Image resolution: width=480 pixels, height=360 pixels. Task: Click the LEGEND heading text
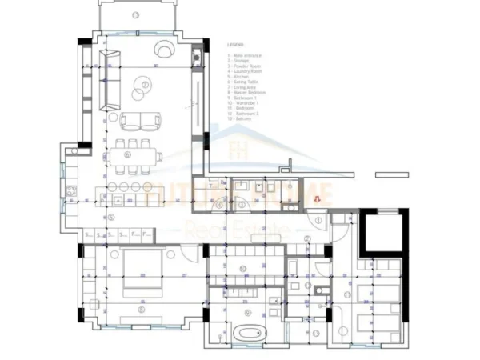[x=234, y=46]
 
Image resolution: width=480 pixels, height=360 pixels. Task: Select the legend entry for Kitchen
[x=240, y=76]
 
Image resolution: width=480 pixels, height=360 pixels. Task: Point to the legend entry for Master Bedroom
[x=247, y=93]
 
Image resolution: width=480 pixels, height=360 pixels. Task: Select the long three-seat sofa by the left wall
[x=109, y=80]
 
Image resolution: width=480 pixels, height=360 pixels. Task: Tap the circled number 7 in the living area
[x=145, y=84]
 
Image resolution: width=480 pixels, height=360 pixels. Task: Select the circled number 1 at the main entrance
[x=318, y=218]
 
